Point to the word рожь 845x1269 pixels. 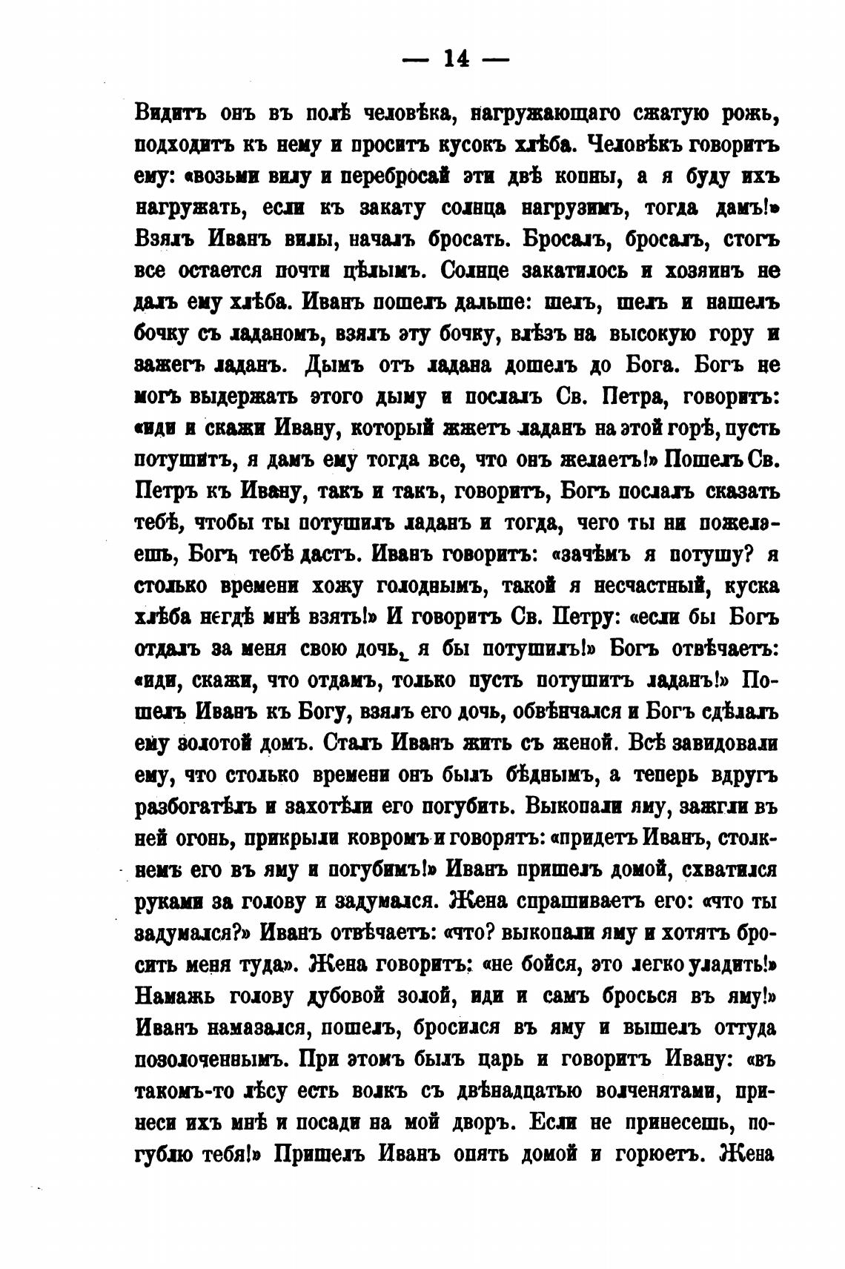750,115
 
